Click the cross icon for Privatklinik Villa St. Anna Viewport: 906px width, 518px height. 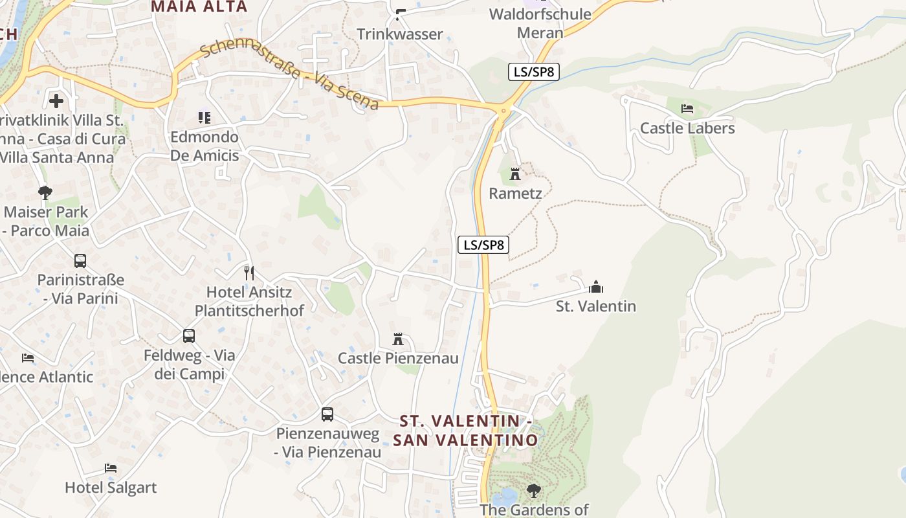(56, 100)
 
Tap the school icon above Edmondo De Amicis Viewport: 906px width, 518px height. (204, 118)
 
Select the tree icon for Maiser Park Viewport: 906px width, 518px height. (45, 192)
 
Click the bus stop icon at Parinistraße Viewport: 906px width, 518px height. (80, 261)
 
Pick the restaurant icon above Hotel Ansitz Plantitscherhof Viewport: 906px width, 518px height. (248, 273)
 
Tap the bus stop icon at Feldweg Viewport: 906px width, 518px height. (189, 336)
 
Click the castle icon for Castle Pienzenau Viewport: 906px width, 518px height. (398, 339)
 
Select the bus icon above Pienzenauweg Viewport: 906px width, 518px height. (327, 414)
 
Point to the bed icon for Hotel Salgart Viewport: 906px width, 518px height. (111, 467)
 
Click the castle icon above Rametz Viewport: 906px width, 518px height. (515, 174)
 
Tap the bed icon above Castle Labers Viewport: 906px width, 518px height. (687, 108)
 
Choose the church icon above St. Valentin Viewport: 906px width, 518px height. (596, 286)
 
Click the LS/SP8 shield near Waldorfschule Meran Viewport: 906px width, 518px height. (533, 71)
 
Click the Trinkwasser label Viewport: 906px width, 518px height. (400, 34)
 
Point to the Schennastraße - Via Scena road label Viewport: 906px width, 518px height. (289, 76)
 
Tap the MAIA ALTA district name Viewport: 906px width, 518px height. (199, 7)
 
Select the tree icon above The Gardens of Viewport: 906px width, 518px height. (534, 490)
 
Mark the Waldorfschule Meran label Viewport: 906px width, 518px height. (540, 23)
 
